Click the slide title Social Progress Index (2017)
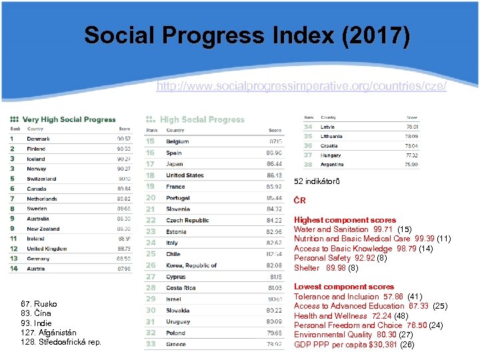(247, 35)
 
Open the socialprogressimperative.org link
(301, 87)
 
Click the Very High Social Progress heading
(69, 119)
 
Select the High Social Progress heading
(202, 119)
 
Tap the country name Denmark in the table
(38, 139)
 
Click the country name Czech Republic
(187, 220)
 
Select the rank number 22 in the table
(151, 220)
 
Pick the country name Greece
(176, 344)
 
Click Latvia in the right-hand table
(327, 127)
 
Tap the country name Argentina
(332, 164)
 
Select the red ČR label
(300, 200)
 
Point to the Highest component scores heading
(345, 220)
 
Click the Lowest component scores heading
(344, 287)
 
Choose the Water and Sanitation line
(353, 229)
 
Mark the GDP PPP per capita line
(354, 345)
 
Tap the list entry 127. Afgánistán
(48, 332)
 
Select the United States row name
(185, 175)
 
